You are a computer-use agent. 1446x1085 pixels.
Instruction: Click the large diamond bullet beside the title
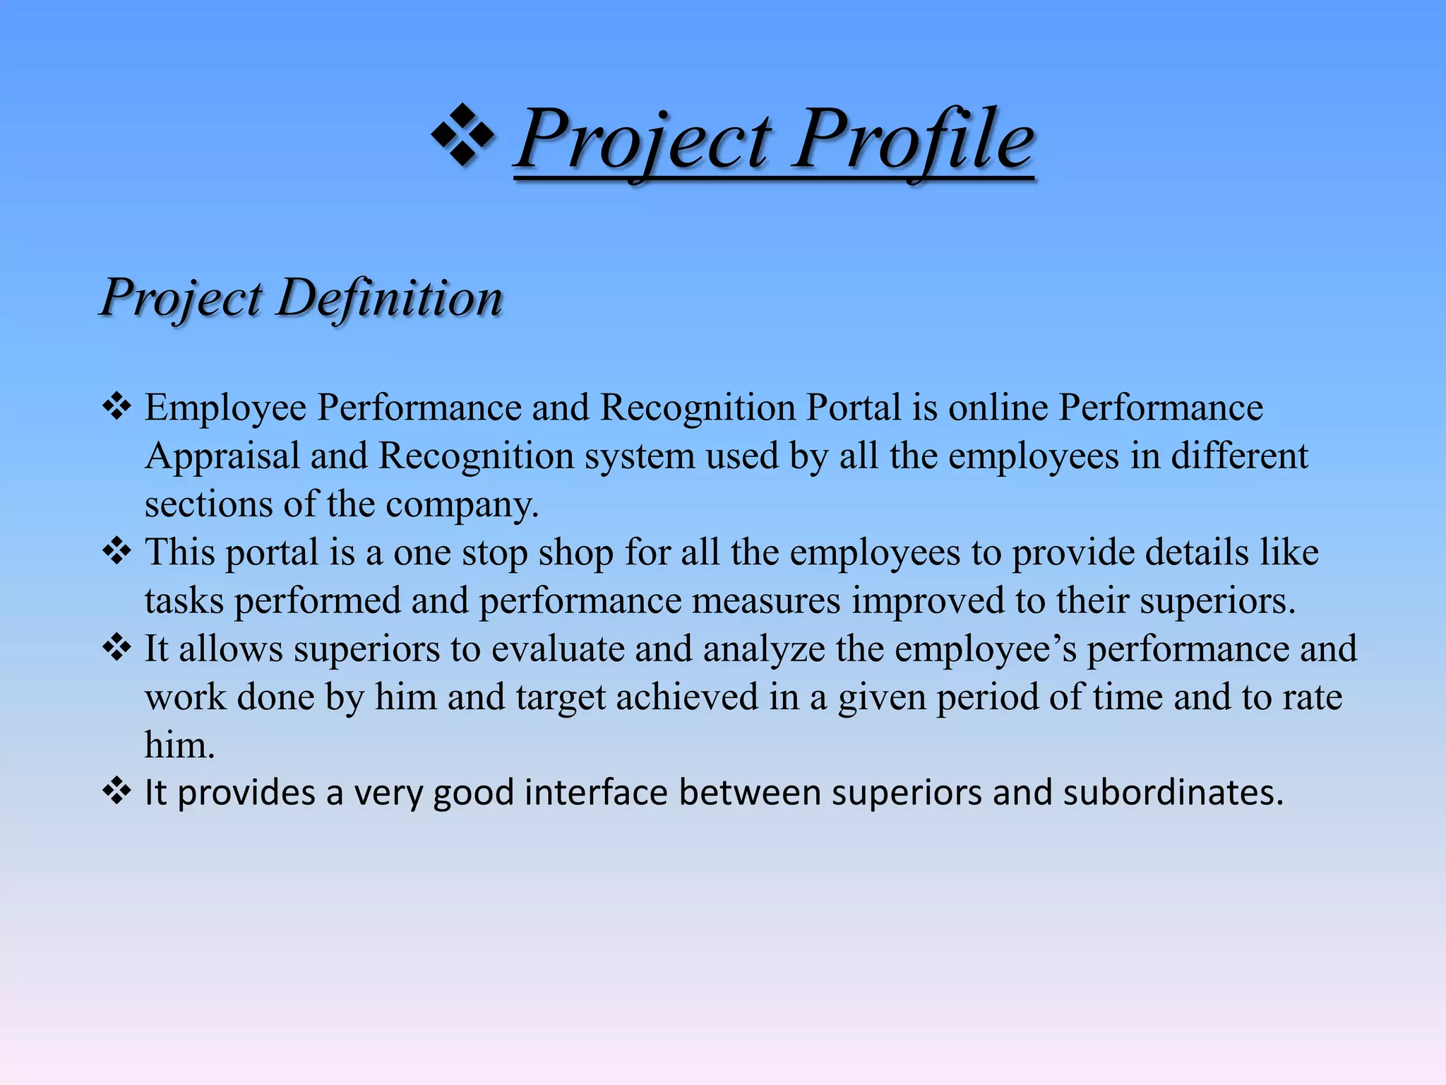click(x=462, y=135)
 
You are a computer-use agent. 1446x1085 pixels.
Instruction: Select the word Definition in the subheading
click(x=390, y=297)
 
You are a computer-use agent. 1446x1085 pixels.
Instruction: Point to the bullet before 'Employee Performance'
click(x=116, y=408)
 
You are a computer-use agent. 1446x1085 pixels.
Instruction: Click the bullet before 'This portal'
click(x=116, y=551)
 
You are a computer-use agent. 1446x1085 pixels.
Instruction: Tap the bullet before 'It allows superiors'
click(x=116, y=648)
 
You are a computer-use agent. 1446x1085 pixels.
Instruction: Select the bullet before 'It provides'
click(x=116, y=792)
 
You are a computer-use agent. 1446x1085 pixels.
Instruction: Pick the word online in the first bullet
click(x=998, y=408)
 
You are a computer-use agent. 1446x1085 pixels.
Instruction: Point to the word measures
click(x=765, y=601)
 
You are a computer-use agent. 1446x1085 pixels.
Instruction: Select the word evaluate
click(x=558, y=649)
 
